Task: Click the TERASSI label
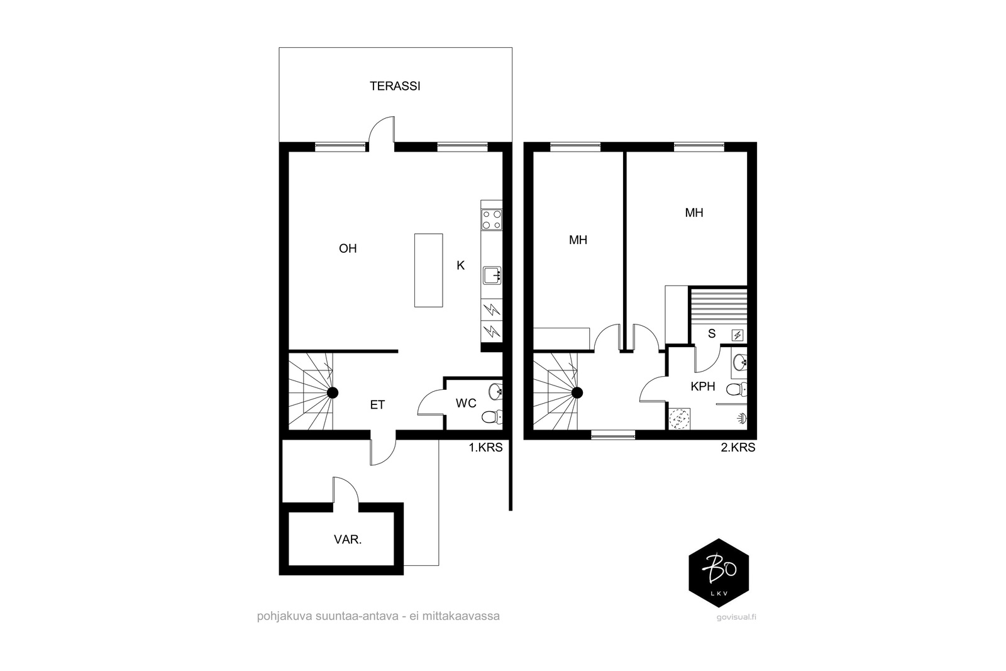(x=395, y=86)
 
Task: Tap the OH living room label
(x=348, y=248)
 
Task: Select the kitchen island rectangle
(x=428, y=270)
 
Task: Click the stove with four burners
(x=491, y=219)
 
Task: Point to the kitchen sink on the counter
(x=492, y=275)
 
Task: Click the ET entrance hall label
(x=377, y=405)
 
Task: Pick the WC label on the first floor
(x=466, y=403)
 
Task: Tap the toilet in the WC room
(x=491, y=417)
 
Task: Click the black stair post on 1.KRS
(x=333, y=393)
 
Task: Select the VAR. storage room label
(x=348, y=540)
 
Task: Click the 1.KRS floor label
(x=485, y=447)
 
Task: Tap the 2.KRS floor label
(x=738, y=447)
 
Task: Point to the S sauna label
(x=711, y=334)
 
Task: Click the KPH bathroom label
(x=703, y=386)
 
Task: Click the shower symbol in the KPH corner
(x=741, y=419)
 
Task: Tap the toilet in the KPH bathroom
(x=736, y=389)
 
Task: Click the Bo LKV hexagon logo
(x=719, y=573)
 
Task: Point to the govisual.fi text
(x=736, y=617)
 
